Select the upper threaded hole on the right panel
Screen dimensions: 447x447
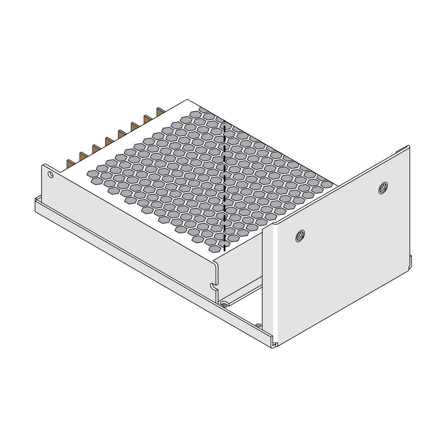(x=383, y=188)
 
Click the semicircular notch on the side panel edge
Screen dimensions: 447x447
(x=212, y=285)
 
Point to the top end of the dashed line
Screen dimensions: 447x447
(x=225, y=126)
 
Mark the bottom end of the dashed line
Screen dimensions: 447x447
(x=224, y=250)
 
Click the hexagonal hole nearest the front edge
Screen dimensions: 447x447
(x=215, y=249)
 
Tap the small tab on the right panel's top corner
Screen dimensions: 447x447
(x=404, y=148)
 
